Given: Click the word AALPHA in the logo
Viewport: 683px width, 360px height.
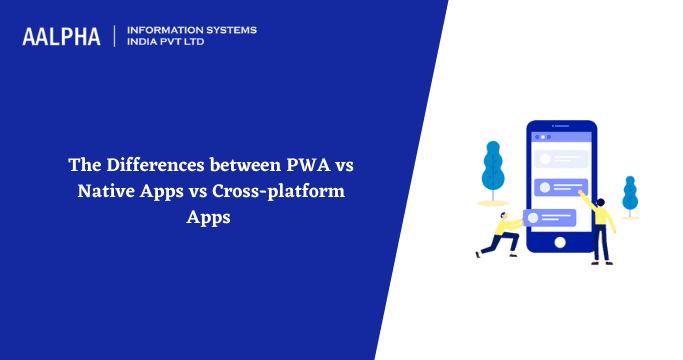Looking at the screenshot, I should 61,37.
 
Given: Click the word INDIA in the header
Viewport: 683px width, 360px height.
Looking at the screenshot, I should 146,43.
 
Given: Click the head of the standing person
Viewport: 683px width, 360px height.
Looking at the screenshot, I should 600,202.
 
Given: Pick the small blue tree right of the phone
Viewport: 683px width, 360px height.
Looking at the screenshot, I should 630,193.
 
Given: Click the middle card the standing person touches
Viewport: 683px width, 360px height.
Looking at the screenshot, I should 563,187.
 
